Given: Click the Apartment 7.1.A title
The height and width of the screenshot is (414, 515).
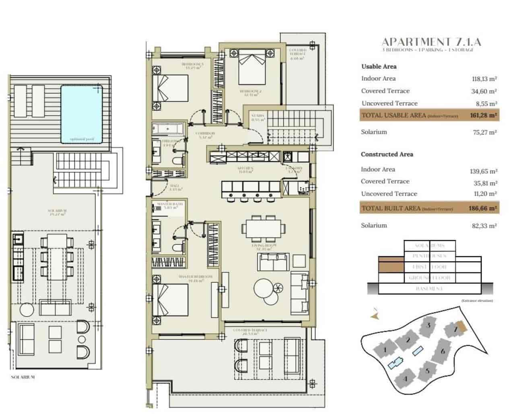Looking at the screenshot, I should tap(431, 42).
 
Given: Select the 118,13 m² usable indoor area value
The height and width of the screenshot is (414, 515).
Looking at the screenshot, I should tap(484, 79).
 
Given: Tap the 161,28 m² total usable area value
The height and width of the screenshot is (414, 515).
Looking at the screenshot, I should tap(484, 115).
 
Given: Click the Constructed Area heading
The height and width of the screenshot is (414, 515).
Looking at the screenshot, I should tap(387, 154).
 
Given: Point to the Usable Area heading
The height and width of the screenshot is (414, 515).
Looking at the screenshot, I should tap(379, 66).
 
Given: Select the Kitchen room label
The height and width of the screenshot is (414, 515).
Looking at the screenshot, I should tap(245, 169).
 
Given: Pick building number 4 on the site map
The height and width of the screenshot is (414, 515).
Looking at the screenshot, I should tap(406, 379).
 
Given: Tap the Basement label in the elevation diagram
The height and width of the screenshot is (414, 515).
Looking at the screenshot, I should tap(430, 288).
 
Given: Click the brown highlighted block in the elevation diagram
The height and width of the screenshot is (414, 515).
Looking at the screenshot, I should tap(391, 267).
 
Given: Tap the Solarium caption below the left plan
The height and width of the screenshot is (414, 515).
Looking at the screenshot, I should tap(23, 377).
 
